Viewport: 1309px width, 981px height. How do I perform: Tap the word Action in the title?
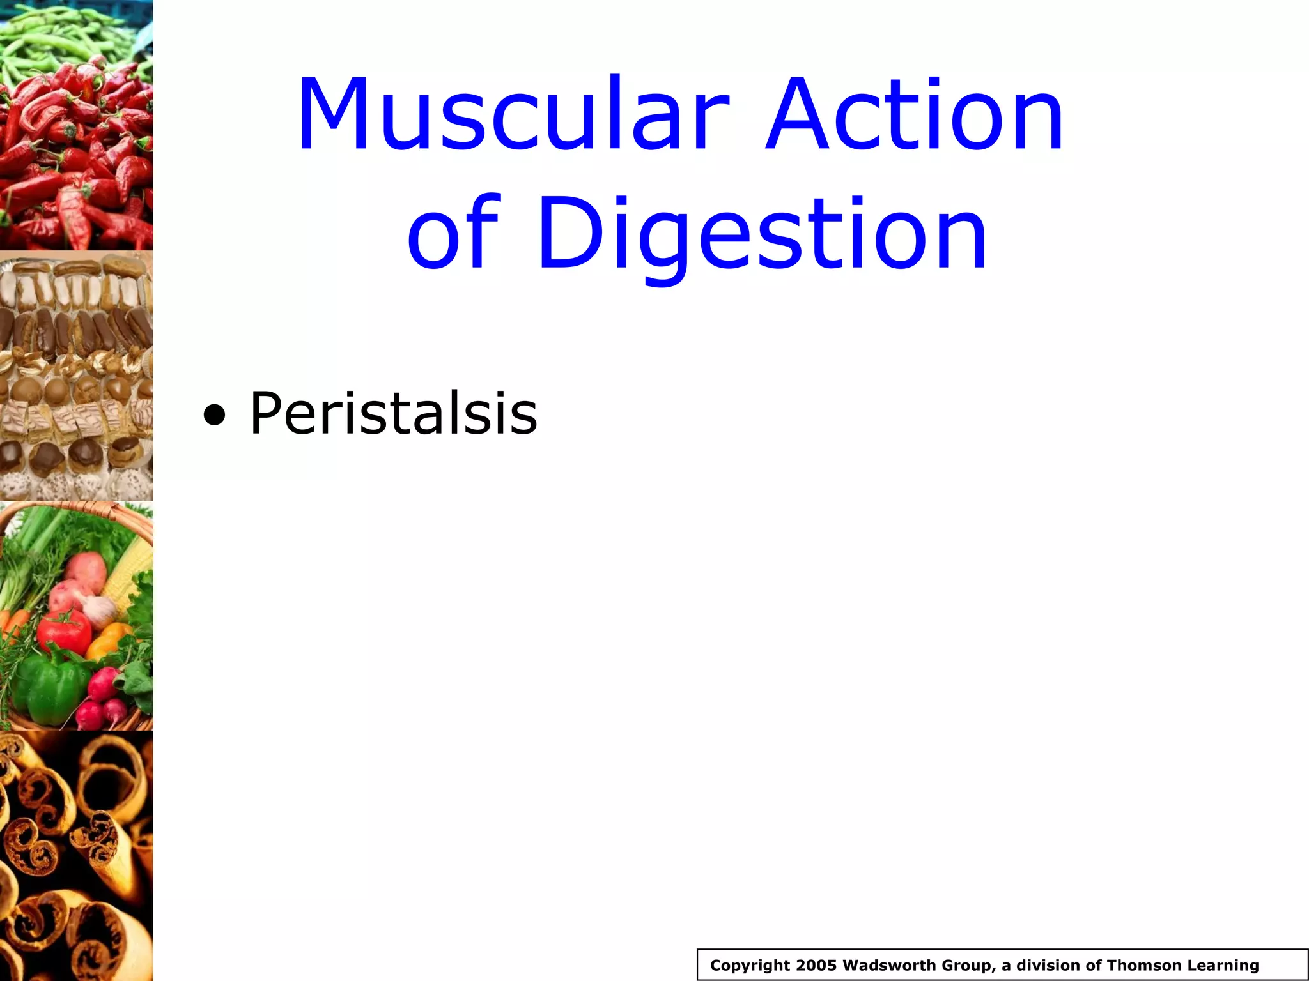coord(914,115)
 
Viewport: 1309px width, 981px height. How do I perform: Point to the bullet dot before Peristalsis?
coord(214,416)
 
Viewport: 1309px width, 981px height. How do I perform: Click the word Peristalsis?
coord(393,413)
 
